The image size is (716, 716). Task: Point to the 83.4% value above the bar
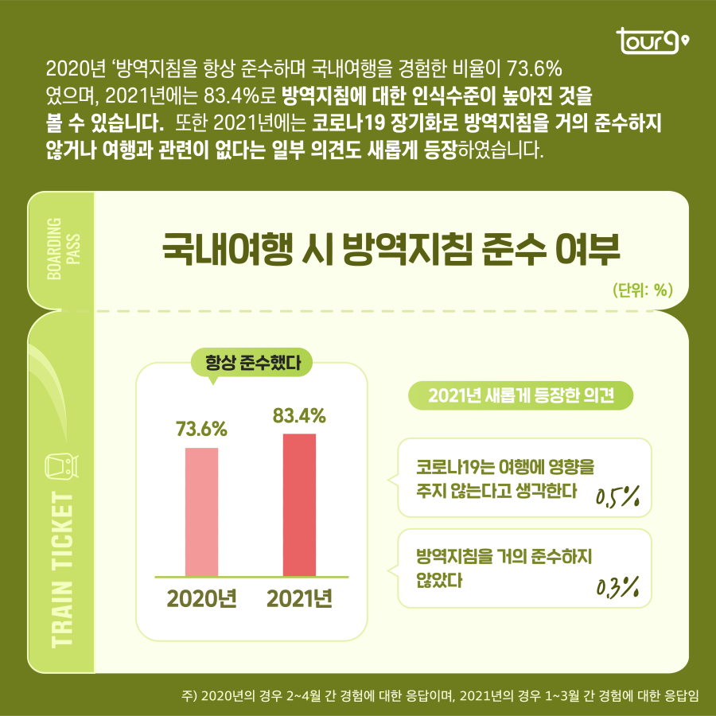[x=299, y=414]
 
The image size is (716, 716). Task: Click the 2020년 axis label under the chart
[x=201, y=597]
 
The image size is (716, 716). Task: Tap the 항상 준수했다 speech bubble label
[x=252, y=365]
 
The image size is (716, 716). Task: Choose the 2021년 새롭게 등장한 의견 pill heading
[x=520, y=395]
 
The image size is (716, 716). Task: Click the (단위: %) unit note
[x=644, y=290]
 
